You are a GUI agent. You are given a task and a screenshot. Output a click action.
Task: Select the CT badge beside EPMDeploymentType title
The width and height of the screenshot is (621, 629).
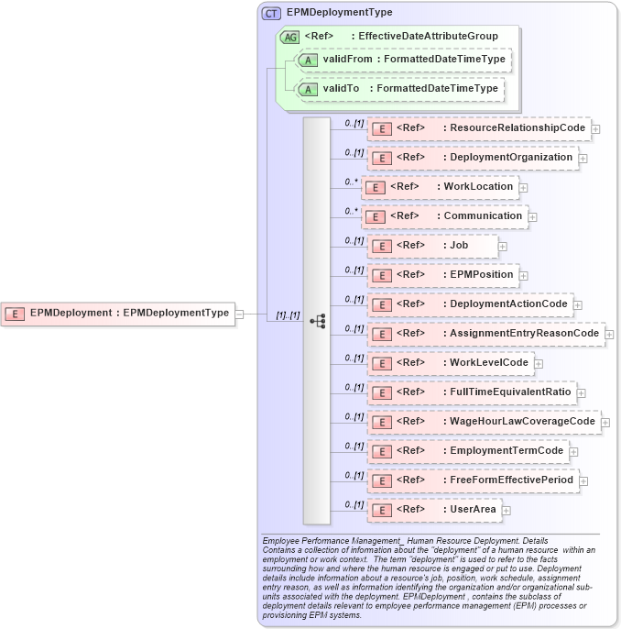pos(271,13)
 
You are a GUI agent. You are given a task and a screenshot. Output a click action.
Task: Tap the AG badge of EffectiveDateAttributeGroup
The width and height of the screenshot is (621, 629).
pos(289,37)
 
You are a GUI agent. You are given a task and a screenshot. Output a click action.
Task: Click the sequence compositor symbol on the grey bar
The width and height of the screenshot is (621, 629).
pos(317,321)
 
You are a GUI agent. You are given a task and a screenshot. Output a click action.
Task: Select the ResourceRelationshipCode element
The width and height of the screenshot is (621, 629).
pos(479,128)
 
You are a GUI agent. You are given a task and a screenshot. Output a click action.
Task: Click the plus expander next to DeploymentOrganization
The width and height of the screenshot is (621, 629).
pos(583,159)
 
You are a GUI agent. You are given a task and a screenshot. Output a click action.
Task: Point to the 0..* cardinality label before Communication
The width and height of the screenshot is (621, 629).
pos(351,210)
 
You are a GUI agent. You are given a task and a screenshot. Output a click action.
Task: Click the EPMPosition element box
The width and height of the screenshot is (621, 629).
pos(442,275)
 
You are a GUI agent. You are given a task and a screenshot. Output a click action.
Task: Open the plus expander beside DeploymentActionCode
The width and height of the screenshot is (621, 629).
pos(578,305)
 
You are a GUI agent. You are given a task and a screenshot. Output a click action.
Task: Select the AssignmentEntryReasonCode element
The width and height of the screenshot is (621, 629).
pos(485,334)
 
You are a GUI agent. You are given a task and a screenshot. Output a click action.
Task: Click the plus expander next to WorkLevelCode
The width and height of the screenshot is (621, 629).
pos(539,364)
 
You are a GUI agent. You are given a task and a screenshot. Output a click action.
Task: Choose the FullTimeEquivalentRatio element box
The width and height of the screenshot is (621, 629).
pos(472,392)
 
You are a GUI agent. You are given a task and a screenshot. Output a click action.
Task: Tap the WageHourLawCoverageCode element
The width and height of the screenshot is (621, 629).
pos(484,422)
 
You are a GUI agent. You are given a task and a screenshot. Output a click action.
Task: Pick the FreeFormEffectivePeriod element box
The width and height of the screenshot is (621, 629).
pos(473,480)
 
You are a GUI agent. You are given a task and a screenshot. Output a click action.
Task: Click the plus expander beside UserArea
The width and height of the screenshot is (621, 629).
pos(507,511)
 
